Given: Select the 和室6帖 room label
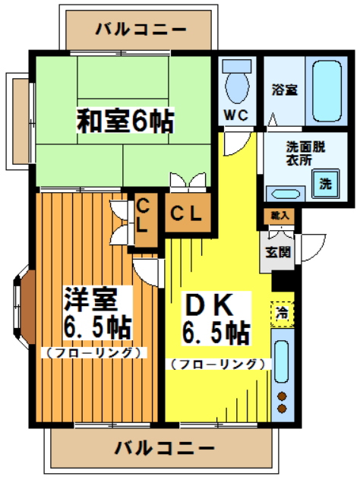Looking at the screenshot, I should tap(124, 120).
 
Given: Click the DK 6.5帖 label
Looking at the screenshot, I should tap(215, 318).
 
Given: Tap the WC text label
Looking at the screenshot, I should tap(235, 115).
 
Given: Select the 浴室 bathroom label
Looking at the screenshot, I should tap(285, 90).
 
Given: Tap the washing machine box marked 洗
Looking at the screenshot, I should tap(325, 184).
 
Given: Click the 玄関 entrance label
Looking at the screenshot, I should tap(276, 251).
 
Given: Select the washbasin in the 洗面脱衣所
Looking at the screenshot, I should tap(285, 193).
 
